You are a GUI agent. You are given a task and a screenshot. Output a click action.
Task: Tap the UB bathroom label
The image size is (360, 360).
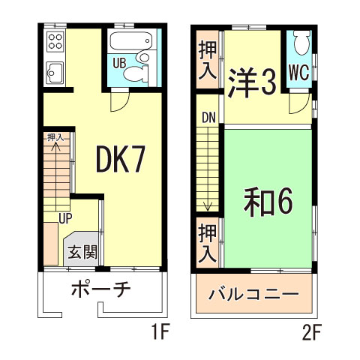point(118,63)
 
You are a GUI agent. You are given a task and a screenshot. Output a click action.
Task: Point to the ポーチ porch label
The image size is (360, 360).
point(103,289)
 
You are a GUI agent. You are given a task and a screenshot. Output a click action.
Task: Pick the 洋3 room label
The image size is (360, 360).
point(252,81)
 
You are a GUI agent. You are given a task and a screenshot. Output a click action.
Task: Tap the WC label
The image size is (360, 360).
point(298,73)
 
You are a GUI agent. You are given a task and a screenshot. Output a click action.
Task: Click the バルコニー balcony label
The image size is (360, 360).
point(254,292)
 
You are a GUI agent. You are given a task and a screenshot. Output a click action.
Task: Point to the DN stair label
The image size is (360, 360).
point(208,118)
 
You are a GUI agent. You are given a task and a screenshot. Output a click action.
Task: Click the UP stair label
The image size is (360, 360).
point(66,218)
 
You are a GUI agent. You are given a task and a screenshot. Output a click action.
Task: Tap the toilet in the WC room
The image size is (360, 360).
point(301,43)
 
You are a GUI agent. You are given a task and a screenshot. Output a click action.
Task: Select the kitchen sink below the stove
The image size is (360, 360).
point(55,73)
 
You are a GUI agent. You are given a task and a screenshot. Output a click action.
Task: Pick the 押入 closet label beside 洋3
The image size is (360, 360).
point(207,59)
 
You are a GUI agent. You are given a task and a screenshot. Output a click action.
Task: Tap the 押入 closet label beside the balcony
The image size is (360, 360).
point(207,241)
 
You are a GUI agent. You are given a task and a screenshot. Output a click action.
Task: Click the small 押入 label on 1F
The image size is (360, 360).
point(55,137)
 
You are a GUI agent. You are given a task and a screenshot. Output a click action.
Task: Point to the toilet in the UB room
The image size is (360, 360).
point(136,73)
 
